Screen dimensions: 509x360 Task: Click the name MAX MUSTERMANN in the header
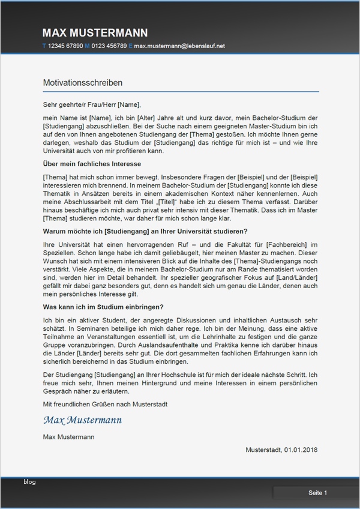click(95, 33)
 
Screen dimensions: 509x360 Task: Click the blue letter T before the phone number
click(44, 46)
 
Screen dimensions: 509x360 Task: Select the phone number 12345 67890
click(65, 46)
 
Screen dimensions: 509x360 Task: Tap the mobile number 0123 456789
click(109, 46)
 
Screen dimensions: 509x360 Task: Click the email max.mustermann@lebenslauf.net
click(179, 46)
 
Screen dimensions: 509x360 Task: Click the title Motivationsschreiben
click(83, 82)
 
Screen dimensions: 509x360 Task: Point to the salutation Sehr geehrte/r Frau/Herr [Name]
click(92, 104)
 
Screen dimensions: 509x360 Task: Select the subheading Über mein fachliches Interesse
click(92, 163)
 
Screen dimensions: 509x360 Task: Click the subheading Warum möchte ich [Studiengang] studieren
click(145, 231)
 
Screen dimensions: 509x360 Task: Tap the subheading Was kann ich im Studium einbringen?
click(104, 307)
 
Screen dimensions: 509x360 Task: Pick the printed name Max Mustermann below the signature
click(68, 437)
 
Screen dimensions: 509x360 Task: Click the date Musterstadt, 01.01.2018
click(282, 450)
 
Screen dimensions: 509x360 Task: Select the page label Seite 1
click(317, 493)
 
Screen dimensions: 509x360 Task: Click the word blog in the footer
click(30, 482)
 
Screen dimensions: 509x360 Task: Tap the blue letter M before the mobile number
click(87, 46)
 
